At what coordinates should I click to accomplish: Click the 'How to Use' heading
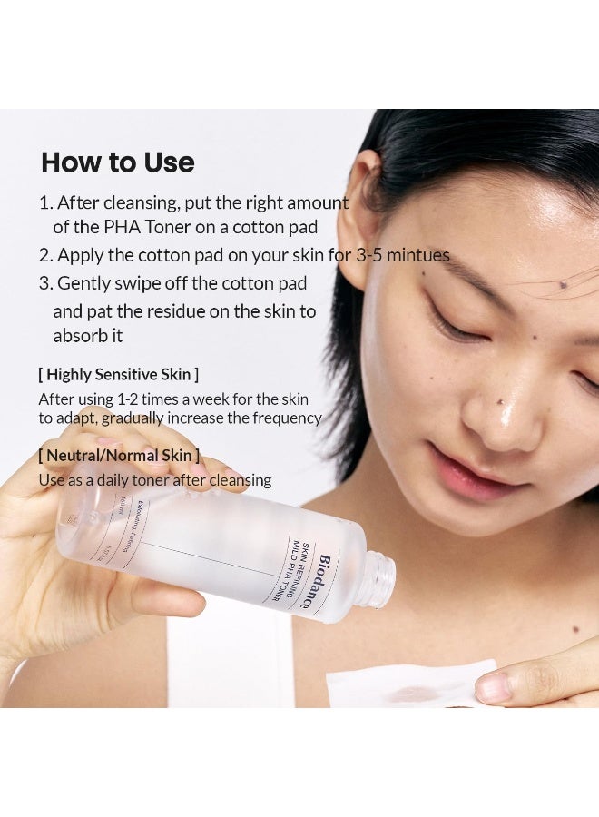coord(118,162)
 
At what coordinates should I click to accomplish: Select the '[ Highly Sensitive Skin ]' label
coord(118,374)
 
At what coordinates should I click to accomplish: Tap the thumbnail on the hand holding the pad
coord(493,687)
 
